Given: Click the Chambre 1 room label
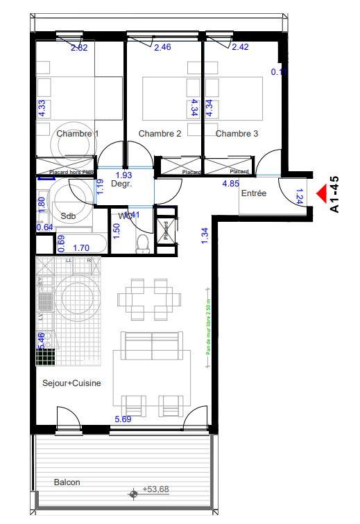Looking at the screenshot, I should tap(78, 134).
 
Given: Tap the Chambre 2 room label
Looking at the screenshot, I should tap(160, 134).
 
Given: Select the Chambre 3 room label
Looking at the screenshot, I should tap(237, 134).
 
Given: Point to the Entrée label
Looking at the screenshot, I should tap(253, 194).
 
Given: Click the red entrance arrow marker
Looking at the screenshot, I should tap(321, 194).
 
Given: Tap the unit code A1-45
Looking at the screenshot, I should tap(335, 194).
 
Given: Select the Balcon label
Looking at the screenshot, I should tap(68, 482).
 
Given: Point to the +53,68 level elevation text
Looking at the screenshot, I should tap(155, 489).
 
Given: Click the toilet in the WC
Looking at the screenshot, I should tap(143, 243).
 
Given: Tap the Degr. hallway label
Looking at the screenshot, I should tap(121, 184).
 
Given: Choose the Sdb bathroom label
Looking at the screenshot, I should tap(67, 216).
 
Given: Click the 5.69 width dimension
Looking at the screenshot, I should tap(123, 419).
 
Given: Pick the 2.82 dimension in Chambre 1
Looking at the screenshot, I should tap(79, 48).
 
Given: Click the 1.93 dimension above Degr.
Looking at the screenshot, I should tap(123, 175).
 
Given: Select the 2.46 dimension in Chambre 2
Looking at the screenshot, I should tap(162, 48).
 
